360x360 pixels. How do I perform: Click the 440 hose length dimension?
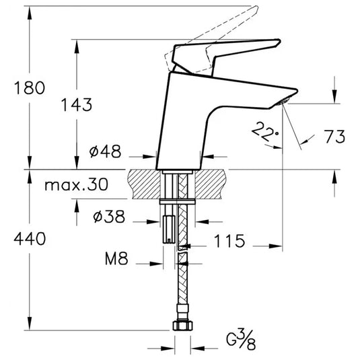(28, 239)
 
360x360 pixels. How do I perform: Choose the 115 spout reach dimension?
(230, 241)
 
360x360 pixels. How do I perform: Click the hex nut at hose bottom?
(180, 326)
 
